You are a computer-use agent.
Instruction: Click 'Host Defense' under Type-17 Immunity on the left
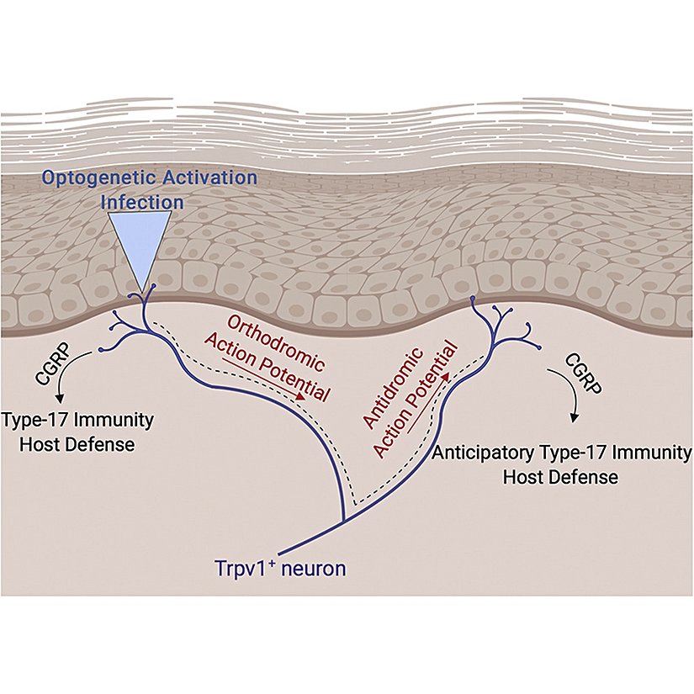[x=66, y=443]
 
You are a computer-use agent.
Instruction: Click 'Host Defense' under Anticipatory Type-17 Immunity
[x=560, y=477]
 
